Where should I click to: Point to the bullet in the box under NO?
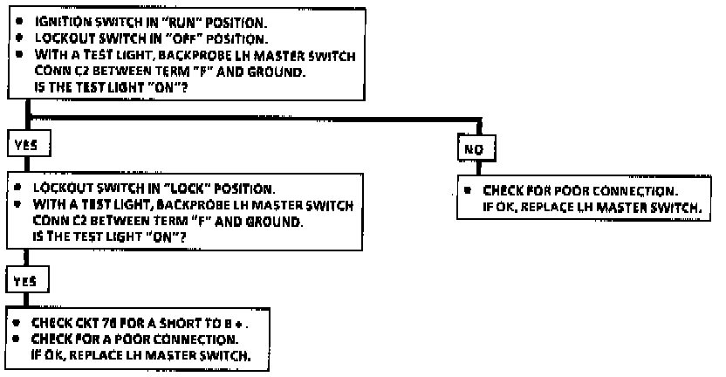[x=469, y=190]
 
